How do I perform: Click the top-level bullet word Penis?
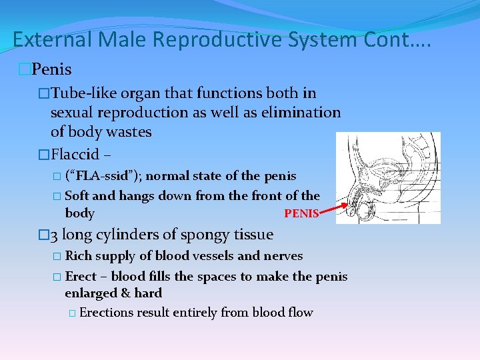(x=52, y=69)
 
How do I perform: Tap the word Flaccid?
(x=75, y=155)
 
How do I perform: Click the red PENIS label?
(x=301, y=214)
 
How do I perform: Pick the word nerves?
(x=283, y=256)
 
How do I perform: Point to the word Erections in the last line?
(x=105, y=313)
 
